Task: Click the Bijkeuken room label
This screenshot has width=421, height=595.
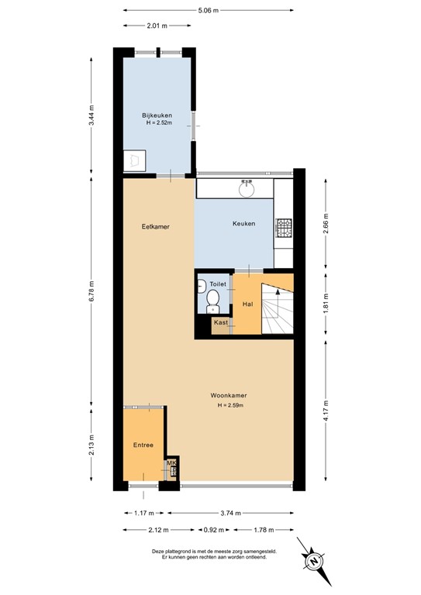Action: [157, 115]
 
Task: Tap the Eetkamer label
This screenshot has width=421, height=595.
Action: [155, 226]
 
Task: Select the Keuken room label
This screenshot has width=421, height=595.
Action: [243, 224]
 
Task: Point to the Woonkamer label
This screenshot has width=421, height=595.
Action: [229, 396]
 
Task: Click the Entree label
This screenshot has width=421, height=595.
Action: [143, 445]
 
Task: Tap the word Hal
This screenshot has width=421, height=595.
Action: [248, 304]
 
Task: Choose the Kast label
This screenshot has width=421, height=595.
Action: [221, 322]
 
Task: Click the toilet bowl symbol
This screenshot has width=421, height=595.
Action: [213, 301]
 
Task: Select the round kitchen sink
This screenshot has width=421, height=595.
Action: [247, 187]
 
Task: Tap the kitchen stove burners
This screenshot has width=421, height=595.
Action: [285, 228]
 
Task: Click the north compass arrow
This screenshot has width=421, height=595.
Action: [315, 559]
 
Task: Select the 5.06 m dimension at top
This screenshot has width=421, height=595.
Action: [207, 11]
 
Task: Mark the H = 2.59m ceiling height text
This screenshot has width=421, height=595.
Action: [229, 405]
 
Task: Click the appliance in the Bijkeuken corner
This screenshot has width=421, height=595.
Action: [134, 160]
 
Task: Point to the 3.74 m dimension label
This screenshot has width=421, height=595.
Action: [230, 513]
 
